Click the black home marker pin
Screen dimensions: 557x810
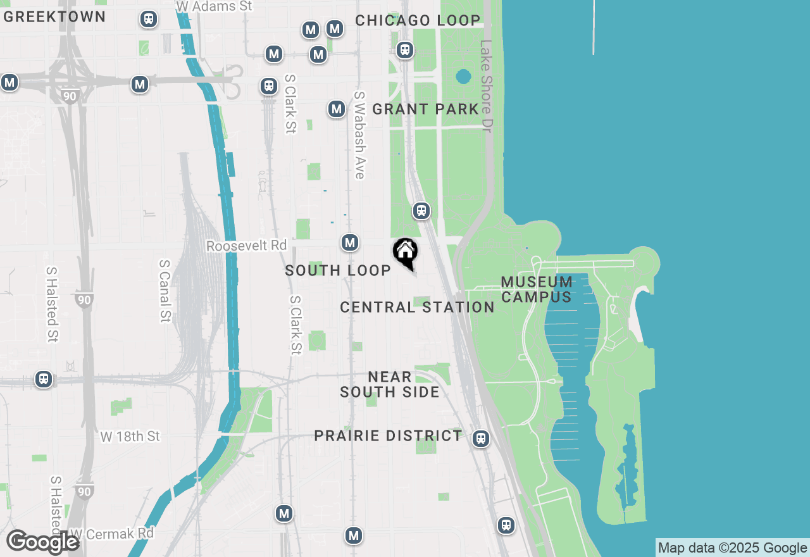pos(405,252)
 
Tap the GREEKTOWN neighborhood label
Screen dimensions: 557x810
pos(54,17)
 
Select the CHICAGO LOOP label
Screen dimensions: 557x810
pos(418,20)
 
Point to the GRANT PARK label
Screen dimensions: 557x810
pos(425,109)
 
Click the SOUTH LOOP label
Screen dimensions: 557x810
pos(338,270)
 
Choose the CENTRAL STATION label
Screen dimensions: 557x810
pos(417,307)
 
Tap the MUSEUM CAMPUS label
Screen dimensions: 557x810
pos(537,289)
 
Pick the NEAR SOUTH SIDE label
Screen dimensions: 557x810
pos(389,385)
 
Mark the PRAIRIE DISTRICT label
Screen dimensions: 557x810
pos(389,435)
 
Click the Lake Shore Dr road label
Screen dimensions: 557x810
pos(486,86)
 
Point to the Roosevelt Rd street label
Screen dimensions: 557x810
pos(246,246)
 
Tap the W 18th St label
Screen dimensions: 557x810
pos(130,436)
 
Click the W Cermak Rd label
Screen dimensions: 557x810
pos(111,534)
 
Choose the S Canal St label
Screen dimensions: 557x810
pos(165,291)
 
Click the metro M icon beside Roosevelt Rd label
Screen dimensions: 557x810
pos(350,242)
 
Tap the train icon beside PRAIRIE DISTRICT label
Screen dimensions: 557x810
pos(481,438)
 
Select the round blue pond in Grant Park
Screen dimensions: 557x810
pos(463,77)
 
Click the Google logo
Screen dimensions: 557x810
pos(42,542)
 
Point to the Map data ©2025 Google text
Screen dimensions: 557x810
pos(732,548)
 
